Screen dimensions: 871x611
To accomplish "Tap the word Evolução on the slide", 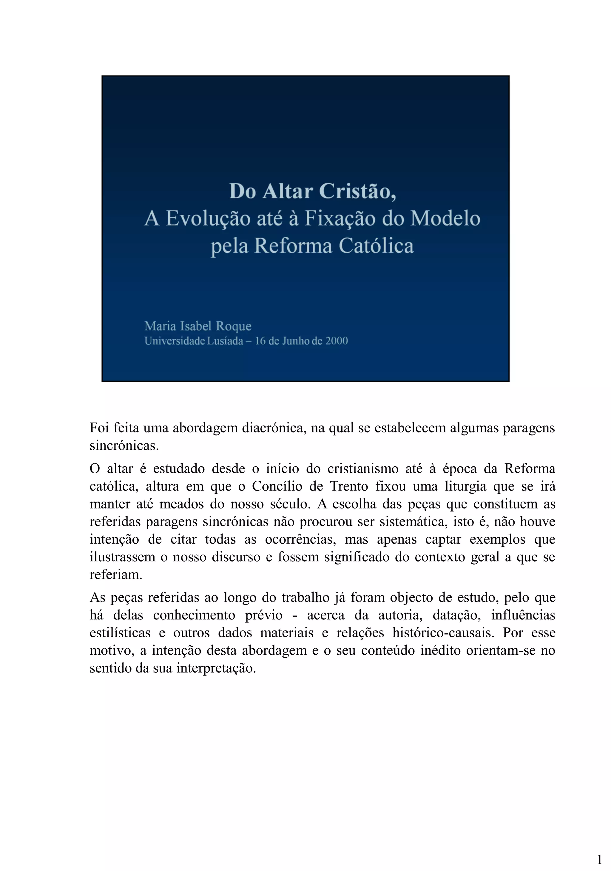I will pos(208,218).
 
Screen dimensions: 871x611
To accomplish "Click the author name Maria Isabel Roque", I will pos(198,326).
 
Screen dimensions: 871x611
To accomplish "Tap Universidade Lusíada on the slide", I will pos(193,341).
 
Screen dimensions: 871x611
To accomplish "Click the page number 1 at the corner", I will pos(599,859).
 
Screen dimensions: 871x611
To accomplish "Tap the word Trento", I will pos(349,486).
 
